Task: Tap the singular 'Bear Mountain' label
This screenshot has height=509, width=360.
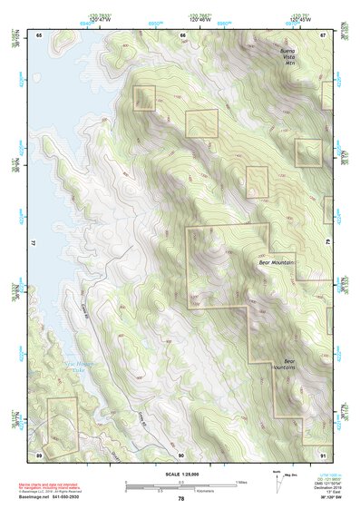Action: pos(277,261)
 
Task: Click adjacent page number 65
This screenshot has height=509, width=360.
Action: pos(39,34)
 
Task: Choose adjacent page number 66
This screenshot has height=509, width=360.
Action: pos(182,34)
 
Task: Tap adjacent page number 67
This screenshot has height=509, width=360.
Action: pos(323,34)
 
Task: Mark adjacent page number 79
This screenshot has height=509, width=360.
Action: pos(327,243)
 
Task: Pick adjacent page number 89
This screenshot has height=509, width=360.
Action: pos(39,454)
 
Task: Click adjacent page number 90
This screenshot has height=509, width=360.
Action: pos(181,454)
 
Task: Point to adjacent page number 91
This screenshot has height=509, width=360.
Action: pos(323,454)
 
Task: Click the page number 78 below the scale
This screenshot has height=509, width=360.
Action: pos(181,499)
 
